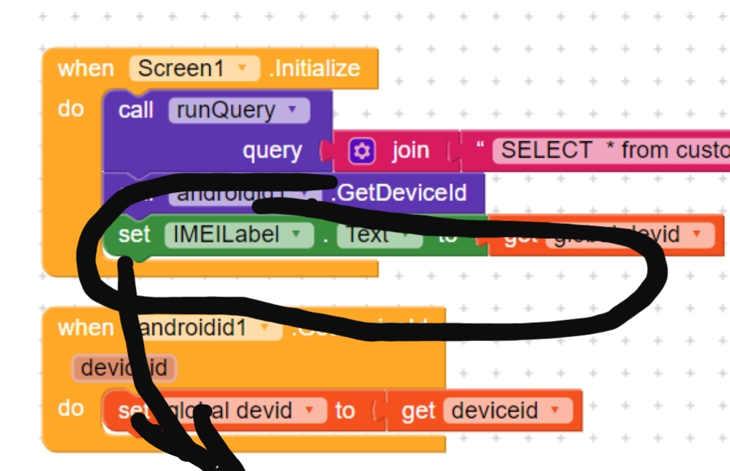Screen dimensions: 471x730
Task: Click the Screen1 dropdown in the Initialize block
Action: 194,68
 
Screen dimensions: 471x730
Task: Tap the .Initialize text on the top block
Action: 314,68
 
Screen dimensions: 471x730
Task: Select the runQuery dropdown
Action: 238,110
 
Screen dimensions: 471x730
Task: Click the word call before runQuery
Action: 136,110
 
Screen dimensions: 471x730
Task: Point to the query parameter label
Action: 272,151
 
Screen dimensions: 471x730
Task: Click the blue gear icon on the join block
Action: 362,151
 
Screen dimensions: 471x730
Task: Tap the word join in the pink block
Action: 410,150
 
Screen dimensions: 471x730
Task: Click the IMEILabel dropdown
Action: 239,234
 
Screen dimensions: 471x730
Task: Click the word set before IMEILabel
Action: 135,234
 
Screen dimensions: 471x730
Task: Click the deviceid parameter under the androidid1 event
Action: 124,368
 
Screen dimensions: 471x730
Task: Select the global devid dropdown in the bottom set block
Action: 240,410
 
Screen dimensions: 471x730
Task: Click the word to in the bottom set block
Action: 345,410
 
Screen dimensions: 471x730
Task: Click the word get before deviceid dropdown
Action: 418,411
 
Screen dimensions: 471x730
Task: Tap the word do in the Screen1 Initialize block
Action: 71,108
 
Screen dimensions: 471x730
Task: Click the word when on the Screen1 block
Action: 86,68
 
